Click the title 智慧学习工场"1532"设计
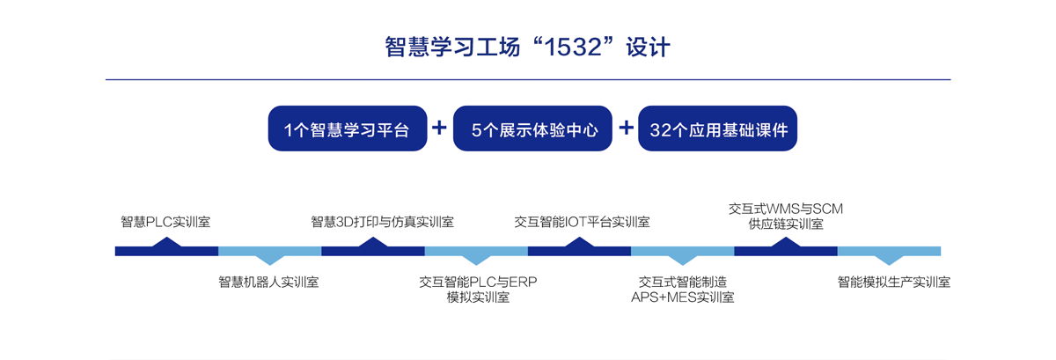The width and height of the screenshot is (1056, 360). click(x=528, y=47)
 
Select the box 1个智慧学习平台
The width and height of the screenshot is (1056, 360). click(x=347, y=129)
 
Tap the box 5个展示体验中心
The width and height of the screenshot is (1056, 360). click(x=532, y=129)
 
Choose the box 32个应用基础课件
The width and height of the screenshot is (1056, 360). click(x=717, y=129)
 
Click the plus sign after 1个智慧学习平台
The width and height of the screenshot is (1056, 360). click(x=440, y=128)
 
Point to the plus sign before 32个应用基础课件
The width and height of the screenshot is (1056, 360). click(x=626, y=128)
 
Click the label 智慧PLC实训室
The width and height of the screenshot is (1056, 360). click(x=165, y=222)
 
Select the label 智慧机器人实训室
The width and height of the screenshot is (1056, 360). click(x=268, y=283)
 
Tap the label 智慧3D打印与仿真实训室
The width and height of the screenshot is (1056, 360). click(x=382, y=222)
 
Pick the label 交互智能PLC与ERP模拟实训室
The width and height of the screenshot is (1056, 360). click(x=478, y=290)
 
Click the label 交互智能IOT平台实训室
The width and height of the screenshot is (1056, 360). click(x=582, y=222)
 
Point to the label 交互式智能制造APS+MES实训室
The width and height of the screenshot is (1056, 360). click(x=683, y=290)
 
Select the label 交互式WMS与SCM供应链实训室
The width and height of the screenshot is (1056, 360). click(x=786, y=216)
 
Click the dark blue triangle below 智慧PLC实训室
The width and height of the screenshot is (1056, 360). click(x=166, y=242)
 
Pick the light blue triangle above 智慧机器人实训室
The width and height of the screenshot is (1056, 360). click(x=269, y=259)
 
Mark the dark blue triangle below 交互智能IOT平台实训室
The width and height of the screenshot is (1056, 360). click(x=579, y=242)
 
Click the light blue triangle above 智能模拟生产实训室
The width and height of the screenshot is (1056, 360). click(x=889, y=259)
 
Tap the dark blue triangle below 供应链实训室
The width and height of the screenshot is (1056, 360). click(x=786, y=242)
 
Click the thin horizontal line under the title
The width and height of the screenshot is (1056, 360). click(x=528, y=80)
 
